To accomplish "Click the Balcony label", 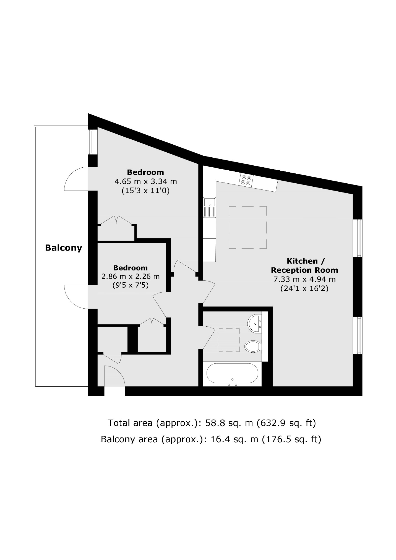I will pyautogui.click(x=63, y=248).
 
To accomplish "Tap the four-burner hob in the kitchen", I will pyautogui.click(x=246, y=180).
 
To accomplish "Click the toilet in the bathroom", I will pyautogui.click(x=252, y=346).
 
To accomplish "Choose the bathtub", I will pyautogui.click(x=232, y=373).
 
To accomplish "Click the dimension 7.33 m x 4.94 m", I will pyautogui.click(x=304, y=279).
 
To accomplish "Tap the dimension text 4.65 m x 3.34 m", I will pyautogui.click(x=145, y=182).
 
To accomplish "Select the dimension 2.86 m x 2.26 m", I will pyautogui.click(x=131, y=276).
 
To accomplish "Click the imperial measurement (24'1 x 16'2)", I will pyautogui.click(x=304, y=289).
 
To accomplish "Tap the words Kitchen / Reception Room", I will pyautogui.click(x=304, y=265).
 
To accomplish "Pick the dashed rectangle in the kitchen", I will pyautogui.click(x=247, y=227).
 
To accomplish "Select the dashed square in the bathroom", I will pyautogui.click(x=229, y=340).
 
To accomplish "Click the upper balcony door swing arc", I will pyautogui.click(x=75, y=179).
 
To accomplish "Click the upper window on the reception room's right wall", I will pyautogui.click(x=359, y=238).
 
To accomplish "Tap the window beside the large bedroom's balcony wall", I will pyautogui.click(x=93, y=141).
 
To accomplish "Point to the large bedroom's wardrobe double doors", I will pyautogui.click(x=116, y=220).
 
